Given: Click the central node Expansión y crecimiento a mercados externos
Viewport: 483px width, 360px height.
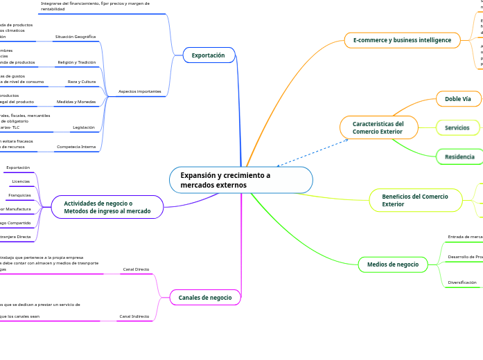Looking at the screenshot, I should (240, 180).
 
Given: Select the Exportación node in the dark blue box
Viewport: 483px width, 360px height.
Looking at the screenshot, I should (209, 55).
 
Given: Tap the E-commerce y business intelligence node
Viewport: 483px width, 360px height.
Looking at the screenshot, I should (402, 40).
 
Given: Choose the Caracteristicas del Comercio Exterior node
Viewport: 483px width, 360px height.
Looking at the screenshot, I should (378, 127).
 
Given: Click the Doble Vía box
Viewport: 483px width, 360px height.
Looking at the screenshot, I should (457, 99).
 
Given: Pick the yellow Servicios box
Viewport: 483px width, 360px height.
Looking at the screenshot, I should (457, 128).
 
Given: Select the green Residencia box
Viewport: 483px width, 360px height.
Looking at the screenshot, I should (459, 157).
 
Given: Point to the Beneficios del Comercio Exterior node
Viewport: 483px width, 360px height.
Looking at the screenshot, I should (415, 200).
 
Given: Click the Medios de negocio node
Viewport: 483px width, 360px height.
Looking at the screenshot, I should (392, 264).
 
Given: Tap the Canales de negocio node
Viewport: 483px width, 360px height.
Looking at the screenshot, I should (205, 298).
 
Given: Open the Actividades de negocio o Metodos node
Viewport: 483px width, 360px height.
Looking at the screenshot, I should (107, 207).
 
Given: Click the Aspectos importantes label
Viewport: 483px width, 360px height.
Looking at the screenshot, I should (140, 91).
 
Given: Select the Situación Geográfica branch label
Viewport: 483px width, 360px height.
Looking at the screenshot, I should (76, 36).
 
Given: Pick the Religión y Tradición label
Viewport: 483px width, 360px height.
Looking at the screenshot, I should (77, 62).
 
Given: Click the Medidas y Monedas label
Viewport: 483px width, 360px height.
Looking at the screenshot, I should (76, 102).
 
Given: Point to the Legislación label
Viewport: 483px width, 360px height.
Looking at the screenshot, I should (83, 127).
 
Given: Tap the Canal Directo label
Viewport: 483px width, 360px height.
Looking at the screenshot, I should (136, 269).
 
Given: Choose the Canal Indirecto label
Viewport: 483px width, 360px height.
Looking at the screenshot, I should (134, 316).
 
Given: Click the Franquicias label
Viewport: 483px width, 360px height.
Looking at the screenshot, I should (19, 195).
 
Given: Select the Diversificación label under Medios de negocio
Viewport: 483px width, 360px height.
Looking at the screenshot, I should (462, 282).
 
